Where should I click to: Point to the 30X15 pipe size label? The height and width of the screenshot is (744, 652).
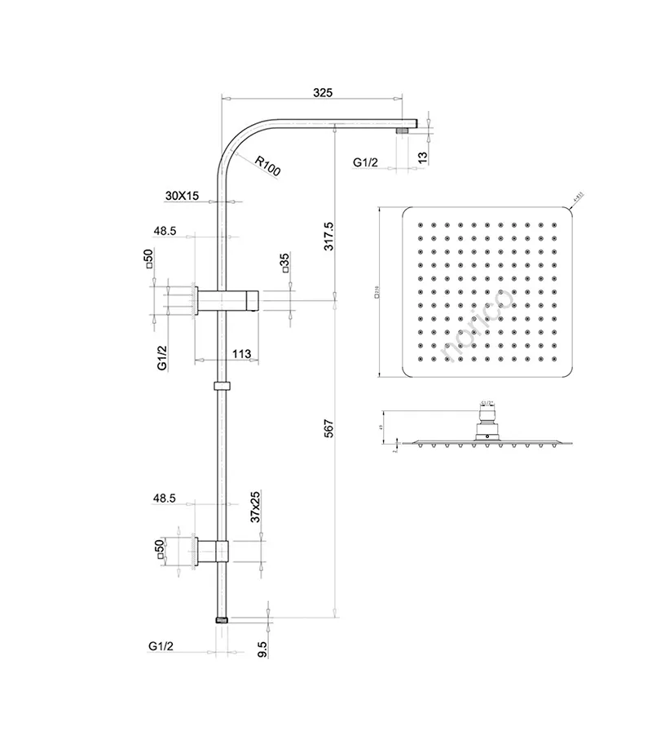(182, 196)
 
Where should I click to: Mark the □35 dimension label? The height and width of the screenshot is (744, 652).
(284, 266)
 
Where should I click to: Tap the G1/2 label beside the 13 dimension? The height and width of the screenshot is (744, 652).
(366, 163)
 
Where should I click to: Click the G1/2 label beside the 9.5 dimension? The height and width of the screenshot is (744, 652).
(161, 646)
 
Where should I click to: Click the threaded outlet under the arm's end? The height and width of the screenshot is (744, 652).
(402, 129)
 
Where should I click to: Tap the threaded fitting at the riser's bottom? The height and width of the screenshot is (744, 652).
(221, 620)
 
